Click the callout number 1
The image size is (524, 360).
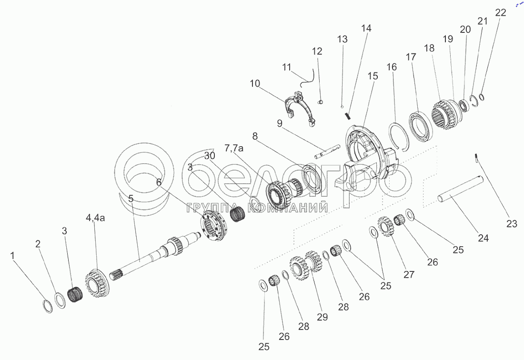pos(12,256)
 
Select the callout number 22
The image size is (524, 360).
pos(500,13)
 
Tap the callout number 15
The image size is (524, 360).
pos(373,76)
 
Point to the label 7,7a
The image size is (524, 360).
pos(234,148)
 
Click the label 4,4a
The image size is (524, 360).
pos(95,218)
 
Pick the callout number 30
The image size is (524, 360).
pos(210,156)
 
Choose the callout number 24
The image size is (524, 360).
pos(483,238)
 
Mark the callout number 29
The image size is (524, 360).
pos(322,317)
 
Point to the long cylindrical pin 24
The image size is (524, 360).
pos(461,190)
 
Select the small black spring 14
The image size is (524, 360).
pos(348,116)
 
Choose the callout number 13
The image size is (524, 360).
pos(342,39)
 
